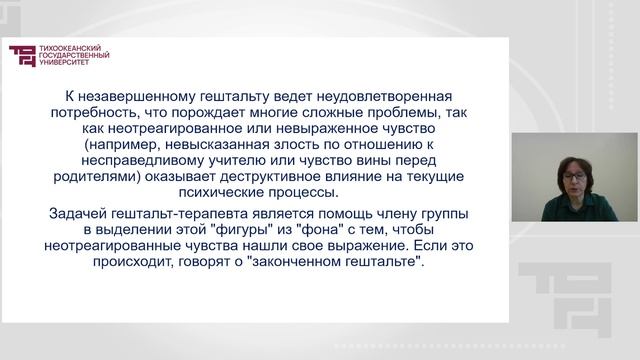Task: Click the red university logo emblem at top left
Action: tap(20, 57)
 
